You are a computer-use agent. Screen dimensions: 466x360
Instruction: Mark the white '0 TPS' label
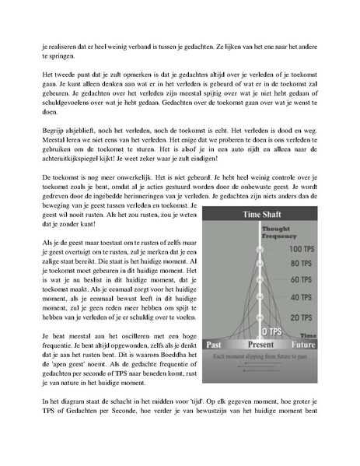click(272, 331)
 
